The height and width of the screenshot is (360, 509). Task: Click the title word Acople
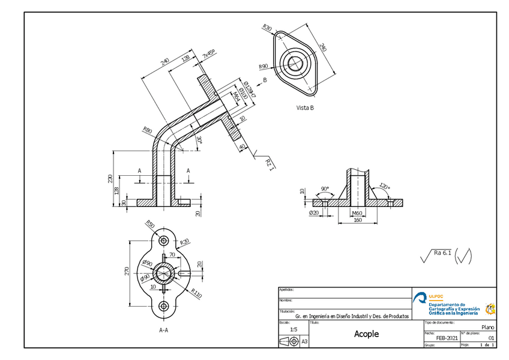(x=366, y=334)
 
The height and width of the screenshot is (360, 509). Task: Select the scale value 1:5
(x=293, y=329)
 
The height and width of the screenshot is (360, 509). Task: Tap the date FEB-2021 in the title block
(x=447, y=338)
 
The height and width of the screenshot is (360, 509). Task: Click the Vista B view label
(x=305, y=108)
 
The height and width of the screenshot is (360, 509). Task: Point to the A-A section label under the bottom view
(x=163, y=329)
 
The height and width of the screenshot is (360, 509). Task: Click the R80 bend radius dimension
(x=147, y=130)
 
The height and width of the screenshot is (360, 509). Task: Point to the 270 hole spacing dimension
(x=127, y=272)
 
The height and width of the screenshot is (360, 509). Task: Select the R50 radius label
(x=150, y=225)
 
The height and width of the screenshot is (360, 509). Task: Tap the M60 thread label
(x=357, y=213)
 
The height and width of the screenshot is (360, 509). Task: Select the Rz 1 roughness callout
(x=270, y=164)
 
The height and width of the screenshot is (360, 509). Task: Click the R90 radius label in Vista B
(x=263, y=67)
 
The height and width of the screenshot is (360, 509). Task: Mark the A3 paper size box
(x=304, y=341)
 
